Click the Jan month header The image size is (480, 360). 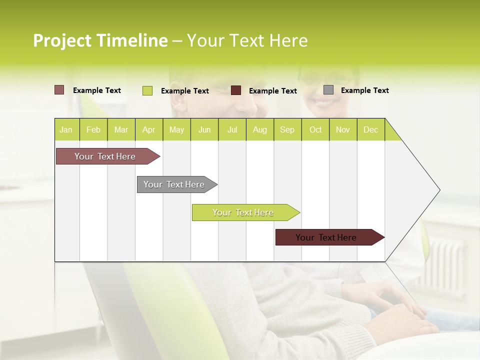pos(66,129)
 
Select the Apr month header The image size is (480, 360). pos(148,129)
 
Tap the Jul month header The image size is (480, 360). pos(232,129)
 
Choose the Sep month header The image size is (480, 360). pos(287,129)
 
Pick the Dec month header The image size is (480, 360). pos(370,129)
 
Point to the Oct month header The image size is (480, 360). pos(315,129)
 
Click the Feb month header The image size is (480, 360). pos(93,129)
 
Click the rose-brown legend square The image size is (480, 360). pos(59,90)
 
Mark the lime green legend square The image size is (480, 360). pos(147,90)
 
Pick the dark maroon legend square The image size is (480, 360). pos(236,90)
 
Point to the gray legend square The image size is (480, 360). pos(328,90)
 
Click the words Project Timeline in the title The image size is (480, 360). pos(100,40)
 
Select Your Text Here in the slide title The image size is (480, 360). pos(247,40)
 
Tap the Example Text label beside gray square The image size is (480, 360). pos(364,90)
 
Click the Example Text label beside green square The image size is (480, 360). pos(184,91)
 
